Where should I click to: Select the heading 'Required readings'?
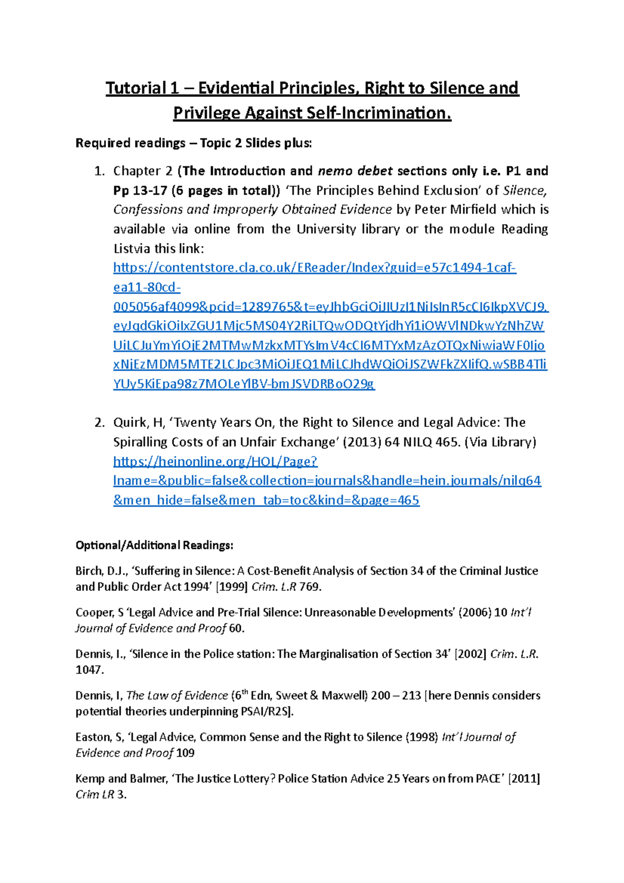pos(131,143)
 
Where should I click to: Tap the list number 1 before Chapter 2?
pos(99,171)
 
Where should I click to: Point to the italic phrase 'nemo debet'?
pos(355,171)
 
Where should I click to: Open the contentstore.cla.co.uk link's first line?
pos(315,268)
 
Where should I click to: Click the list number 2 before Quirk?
pos(99,422)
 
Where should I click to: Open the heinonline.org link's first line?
pos(215,461)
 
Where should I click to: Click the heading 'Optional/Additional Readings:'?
pos(154,545)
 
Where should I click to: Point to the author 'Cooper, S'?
pos(99,613)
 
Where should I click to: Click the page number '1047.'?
pos(89,670)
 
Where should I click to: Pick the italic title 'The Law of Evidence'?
pos(177,696)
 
